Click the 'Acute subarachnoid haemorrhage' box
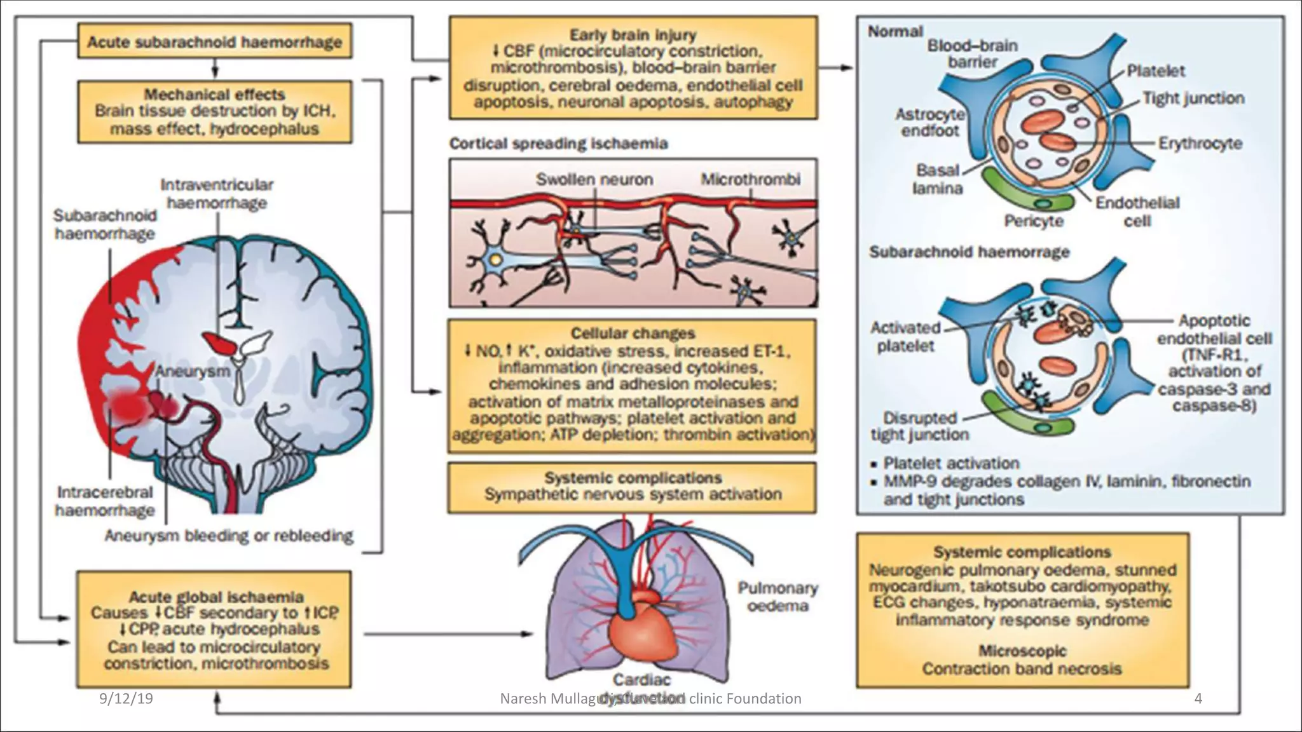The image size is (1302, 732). (x=215, y=43)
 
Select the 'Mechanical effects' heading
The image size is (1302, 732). (x=215, y=95)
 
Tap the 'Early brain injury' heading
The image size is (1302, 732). (x=633, y=35)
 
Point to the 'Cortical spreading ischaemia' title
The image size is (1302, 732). (x=558, y=144)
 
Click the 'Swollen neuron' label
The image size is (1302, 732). (x=594, y=180)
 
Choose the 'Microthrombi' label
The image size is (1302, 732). (x=750, y=180)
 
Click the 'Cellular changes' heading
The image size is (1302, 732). (x=633, y=334)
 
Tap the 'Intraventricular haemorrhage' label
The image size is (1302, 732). (x=217, y=194)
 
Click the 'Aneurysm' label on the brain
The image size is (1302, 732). (x=193, y=371)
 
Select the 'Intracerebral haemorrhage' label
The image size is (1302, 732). (x=105, y=501)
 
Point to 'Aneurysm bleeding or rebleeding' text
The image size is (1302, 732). (x=229, y=536)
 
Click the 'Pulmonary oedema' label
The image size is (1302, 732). (x=777, y=597)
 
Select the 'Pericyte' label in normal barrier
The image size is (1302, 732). (x=1033, y=220)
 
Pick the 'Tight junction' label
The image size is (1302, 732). (x=1193, y=98)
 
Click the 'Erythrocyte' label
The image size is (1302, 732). (x=1200, y=144)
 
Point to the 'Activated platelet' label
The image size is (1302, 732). (x=905, y=337)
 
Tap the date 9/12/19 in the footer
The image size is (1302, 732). (x=127, y=699)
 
